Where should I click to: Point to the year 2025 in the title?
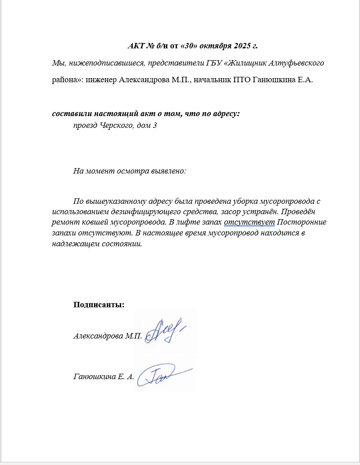tap(241, 46)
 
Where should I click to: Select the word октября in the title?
tap(215, 46)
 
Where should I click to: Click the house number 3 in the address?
tap(155, 125)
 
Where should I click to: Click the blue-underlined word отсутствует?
tap(249, 222)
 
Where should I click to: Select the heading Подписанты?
tap(99, 305)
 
